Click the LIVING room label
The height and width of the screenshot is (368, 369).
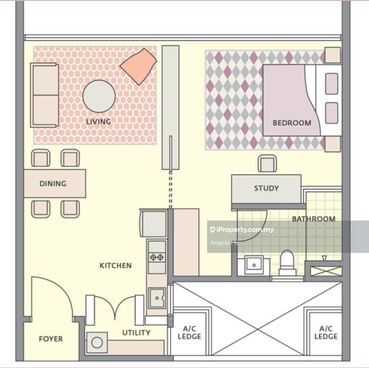tap(98, 122)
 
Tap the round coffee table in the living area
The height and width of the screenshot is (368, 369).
tap(99, 96)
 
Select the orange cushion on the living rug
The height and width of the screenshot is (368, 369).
tap(138, 66)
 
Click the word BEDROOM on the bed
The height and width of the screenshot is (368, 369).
tap(292, 123)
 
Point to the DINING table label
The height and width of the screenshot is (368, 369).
tap(53, 183)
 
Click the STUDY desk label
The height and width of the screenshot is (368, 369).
tap(266, 188)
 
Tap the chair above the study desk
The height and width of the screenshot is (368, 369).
tap(267, 163)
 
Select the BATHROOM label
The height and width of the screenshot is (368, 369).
tap(314, 219)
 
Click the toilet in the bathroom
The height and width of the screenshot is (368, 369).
tap(287, 263)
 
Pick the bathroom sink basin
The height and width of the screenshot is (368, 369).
tap(254, 265)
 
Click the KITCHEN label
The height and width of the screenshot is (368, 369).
tap(115, 266)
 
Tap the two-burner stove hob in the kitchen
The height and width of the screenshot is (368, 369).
tap(157, 257)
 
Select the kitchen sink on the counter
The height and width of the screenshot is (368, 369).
tap(157, 298)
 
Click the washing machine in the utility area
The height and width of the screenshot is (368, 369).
tap(97, 342)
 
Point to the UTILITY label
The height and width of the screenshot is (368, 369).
tap(136, 333)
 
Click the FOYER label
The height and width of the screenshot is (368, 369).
tap(51, 339)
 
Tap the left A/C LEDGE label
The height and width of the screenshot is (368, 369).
tap(189, 333)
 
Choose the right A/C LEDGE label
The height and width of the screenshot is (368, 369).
tap(326, 333)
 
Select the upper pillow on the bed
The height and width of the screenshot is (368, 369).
tap(332, 84)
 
